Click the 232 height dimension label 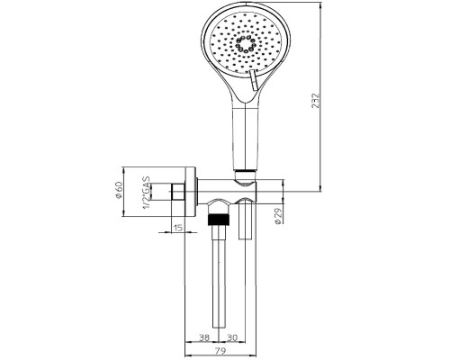[316, 101]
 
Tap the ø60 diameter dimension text [119, 190]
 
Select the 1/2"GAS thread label [146, 193]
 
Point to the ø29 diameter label [278, 216]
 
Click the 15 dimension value [177, 228]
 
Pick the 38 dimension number [204, 337]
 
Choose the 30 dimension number [231, 337]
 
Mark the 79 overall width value [220, 350]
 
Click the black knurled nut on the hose [220, 220]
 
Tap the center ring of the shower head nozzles [246, 44]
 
